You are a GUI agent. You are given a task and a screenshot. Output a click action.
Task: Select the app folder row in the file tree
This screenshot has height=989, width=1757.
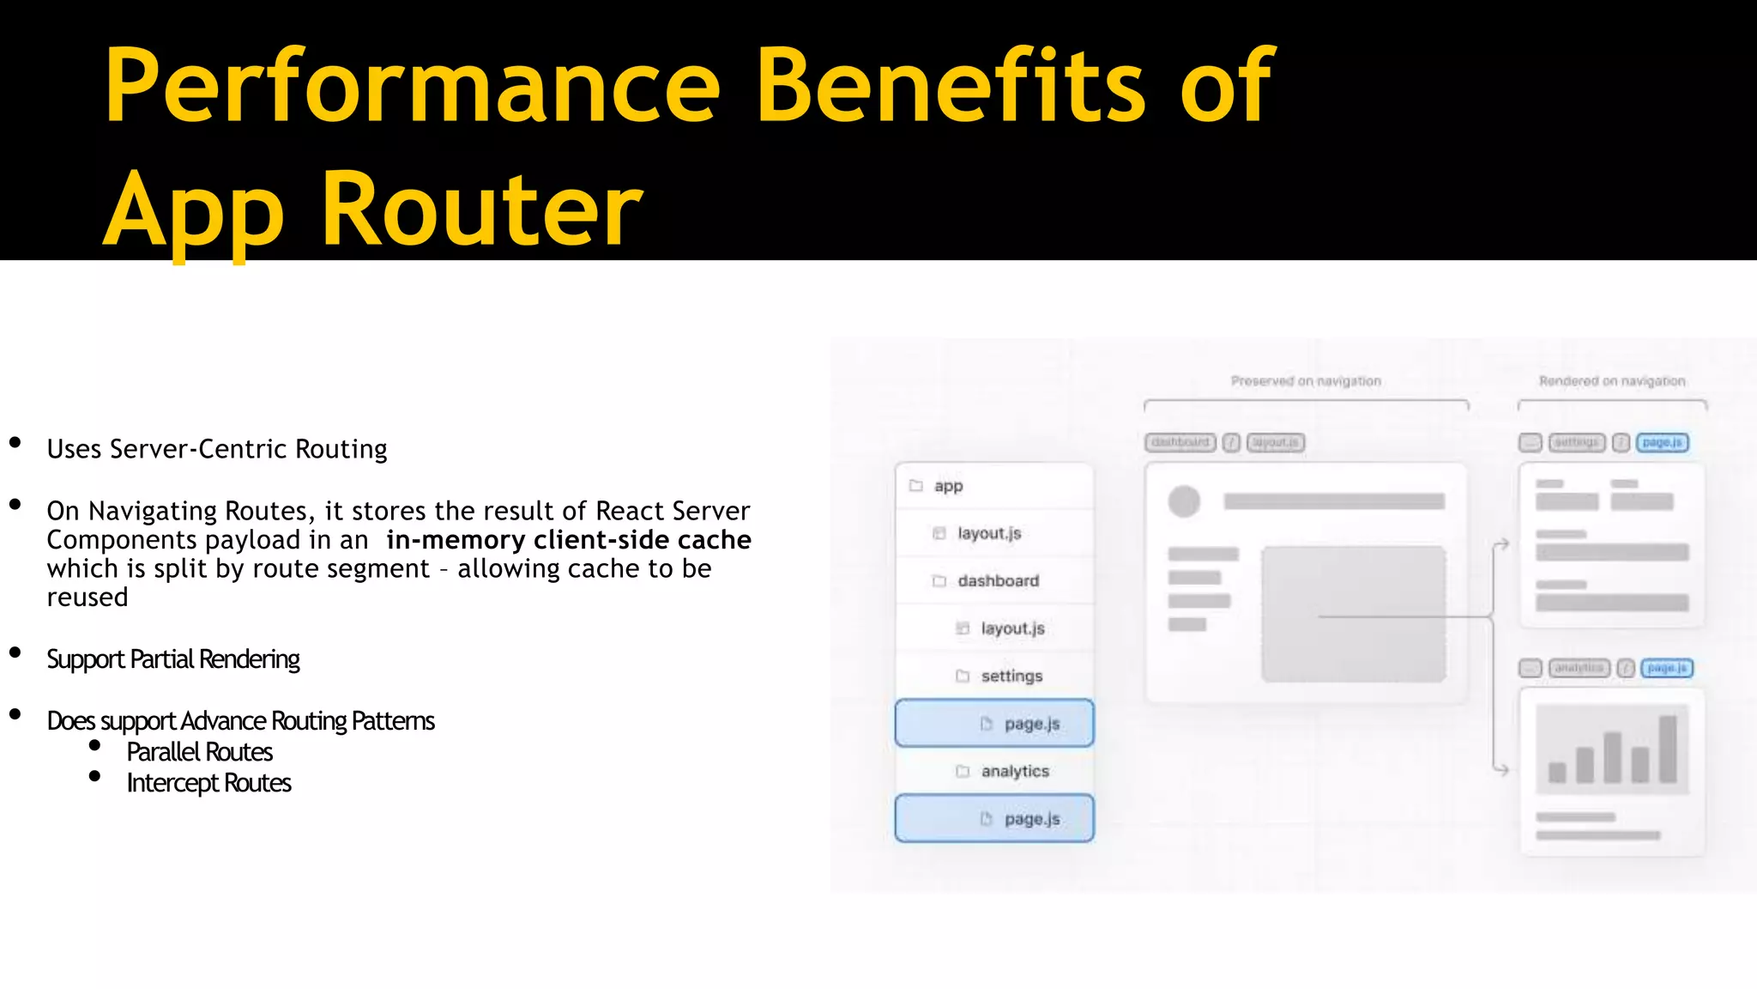point(948,486)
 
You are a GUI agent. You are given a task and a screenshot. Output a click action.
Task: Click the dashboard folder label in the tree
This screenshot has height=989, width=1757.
point(998,581)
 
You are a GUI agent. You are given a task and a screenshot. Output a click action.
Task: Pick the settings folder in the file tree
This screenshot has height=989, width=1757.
point(1011,677)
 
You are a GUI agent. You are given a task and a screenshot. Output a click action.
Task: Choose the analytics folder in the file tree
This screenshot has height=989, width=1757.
point(1015,772)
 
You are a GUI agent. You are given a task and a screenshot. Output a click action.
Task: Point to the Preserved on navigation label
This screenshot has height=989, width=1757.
point(1306,381)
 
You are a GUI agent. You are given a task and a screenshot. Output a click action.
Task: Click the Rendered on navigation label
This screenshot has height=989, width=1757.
point(1612,381)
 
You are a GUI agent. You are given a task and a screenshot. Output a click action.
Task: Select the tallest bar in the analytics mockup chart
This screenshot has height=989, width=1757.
point(1668,749)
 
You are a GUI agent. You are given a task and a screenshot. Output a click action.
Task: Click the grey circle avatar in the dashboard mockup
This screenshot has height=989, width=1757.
point(1184,501)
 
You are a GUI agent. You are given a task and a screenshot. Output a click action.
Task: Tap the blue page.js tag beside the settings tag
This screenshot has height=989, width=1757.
point(1662,443)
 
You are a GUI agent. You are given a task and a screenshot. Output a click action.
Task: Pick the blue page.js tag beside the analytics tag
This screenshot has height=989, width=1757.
point(1666,668)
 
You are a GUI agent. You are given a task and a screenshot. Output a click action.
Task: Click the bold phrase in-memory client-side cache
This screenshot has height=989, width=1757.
point(569,540)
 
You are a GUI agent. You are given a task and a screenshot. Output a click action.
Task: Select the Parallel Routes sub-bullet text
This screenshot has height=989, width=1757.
point(199,752)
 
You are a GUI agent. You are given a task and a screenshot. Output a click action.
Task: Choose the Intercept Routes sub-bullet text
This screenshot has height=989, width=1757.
point(208,783)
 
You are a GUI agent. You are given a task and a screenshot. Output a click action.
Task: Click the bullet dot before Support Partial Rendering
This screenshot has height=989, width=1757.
point(15,653)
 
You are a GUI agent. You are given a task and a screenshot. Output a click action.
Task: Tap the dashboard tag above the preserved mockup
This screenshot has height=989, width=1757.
point(1180,443)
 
